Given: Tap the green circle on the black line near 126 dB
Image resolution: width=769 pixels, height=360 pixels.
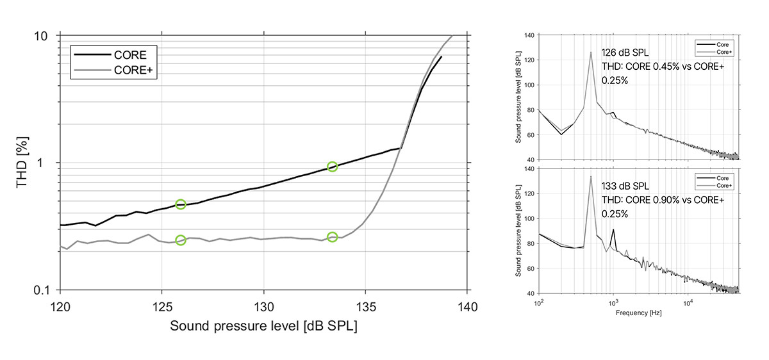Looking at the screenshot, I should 181,204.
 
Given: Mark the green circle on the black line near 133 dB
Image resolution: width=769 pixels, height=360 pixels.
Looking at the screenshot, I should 332,167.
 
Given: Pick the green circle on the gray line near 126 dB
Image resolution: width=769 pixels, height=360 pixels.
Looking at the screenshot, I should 181,240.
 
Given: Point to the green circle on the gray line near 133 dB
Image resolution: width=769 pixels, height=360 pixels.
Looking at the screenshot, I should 332,237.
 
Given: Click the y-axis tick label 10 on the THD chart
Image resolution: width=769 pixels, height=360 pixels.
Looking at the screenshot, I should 41,36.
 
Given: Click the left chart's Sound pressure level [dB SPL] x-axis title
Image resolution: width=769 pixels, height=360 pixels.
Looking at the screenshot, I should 263,325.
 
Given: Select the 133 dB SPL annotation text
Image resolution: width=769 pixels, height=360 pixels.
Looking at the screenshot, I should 625,186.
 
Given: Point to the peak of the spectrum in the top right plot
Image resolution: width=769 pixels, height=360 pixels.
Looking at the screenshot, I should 590,53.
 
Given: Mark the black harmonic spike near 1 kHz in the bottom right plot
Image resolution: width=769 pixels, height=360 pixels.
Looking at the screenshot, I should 613,230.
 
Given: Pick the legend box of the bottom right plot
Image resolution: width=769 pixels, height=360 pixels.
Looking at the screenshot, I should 714,181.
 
